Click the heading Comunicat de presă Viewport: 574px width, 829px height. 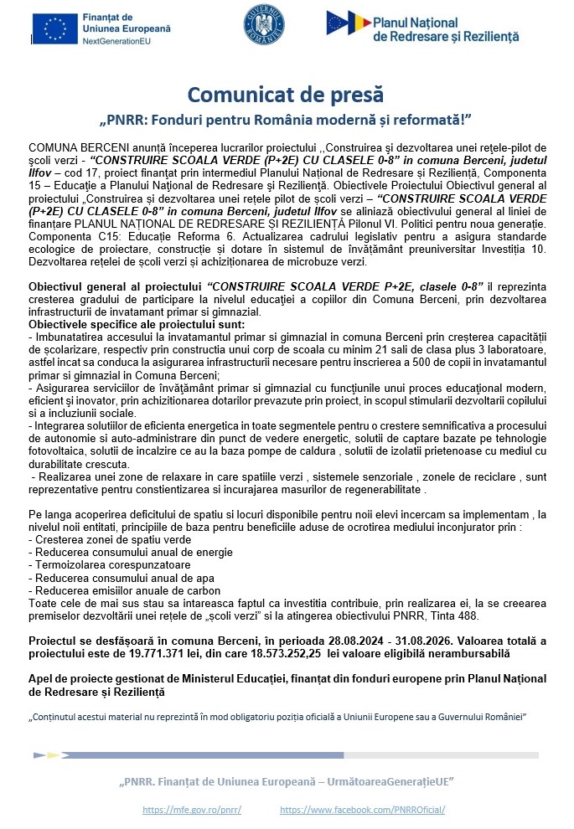[285, 94]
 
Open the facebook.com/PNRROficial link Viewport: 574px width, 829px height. [362, 810]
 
